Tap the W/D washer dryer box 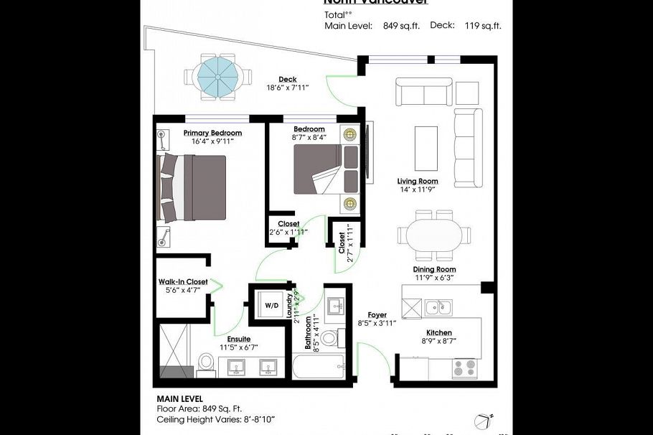(x=272, y=306)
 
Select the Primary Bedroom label (x=212, y=133)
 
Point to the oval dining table (x=434, y=235)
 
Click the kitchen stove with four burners (x=464, y=368)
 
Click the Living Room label (x=418, y=182)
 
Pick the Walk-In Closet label (x=183, y=282)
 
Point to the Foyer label (x=377, y=314)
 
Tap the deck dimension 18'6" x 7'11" (x=288, y=89)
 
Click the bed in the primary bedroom (x=192, y=187)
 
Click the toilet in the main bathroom (x=329, y=337)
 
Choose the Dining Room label (x=433, y=269)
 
